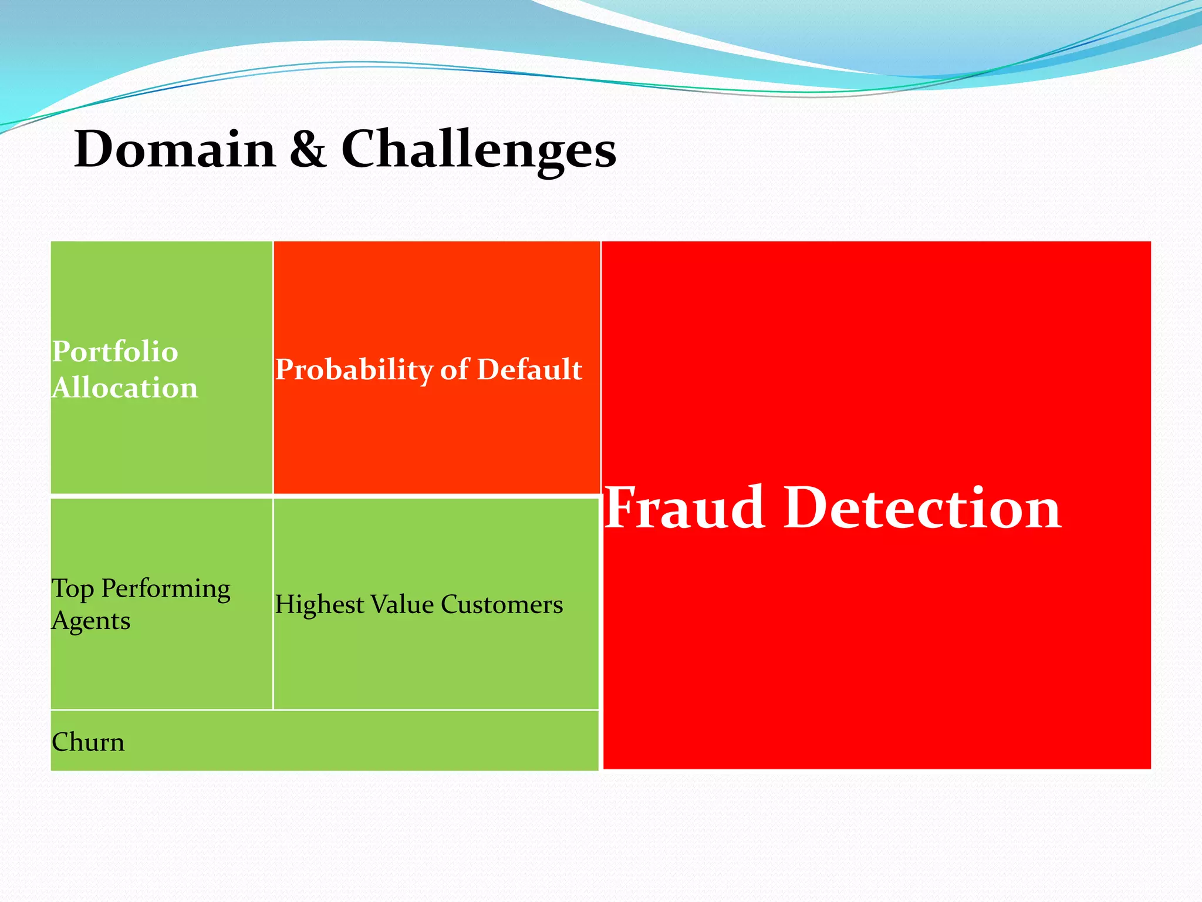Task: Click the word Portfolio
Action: (115, 352)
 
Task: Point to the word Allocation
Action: (125, 388)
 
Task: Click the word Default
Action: (529, 369)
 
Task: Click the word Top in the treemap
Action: (73, 589)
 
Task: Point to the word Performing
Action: (166, 589)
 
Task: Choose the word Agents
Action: (91, 621)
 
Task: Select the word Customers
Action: (502, 604)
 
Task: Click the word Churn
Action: (88, 742)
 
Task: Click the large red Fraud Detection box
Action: (876, 646)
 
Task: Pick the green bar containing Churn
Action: (352, 741)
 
